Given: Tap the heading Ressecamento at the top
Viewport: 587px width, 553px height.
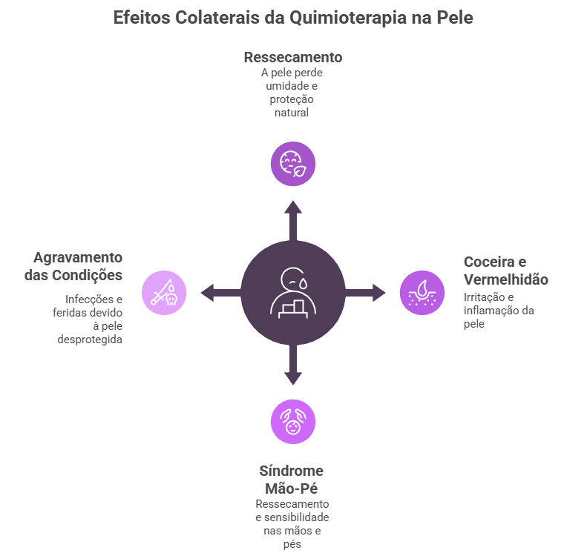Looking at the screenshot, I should (x=293, y=57).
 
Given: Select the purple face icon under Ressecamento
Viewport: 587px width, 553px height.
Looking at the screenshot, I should (x=293, y=163).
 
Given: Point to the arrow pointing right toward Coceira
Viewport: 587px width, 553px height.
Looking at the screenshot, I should (x=367, y=292).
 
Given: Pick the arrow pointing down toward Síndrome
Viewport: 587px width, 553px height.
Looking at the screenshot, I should (x=293, y=366).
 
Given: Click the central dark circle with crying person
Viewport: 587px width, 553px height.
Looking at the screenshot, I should (x=293, y=292).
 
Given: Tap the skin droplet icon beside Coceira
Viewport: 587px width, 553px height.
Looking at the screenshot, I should (x=422, y=292).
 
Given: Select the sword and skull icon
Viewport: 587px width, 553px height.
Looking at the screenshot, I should (x=164, y=292).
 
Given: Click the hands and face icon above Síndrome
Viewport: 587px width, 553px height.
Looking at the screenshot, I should (x=293, y=421).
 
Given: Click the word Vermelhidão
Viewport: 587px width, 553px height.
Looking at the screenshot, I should (x=506, y=279).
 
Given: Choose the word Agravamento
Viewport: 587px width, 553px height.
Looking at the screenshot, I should (x=78, y=256).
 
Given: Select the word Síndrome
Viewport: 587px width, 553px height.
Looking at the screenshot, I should (x=292, y=471).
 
